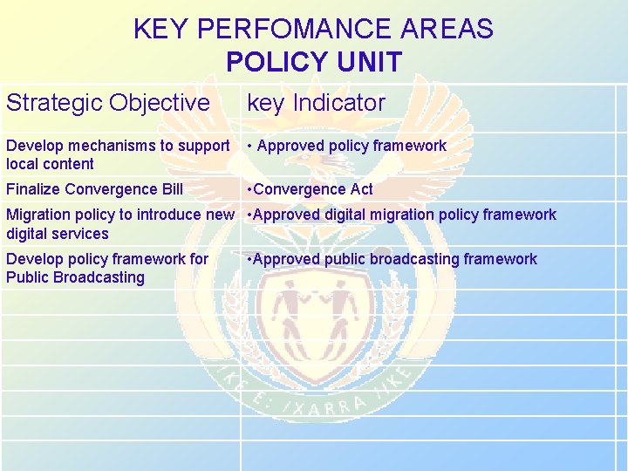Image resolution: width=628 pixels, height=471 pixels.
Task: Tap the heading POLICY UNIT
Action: point(313,62)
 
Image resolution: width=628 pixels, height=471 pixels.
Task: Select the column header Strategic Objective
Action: point(107,103)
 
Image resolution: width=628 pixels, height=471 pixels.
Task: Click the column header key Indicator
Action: point(316,103)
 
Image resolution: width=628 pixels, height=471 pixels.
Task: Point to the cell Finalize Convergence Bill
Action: point(94,189)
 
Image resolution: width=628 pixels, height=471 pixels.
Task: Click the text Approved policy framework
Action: point(352,146)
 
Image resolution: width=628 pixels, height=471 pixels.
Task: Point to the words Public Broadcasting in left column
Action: point(75,277)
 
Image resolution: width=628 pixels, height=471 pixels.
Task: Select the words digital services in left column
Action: point(57,234)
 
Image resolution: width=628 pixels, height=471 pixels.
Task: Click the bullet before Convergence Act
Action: point(249,189)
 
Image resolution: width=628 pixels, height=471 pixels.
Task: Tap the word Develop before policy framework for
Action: point(34,259)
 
